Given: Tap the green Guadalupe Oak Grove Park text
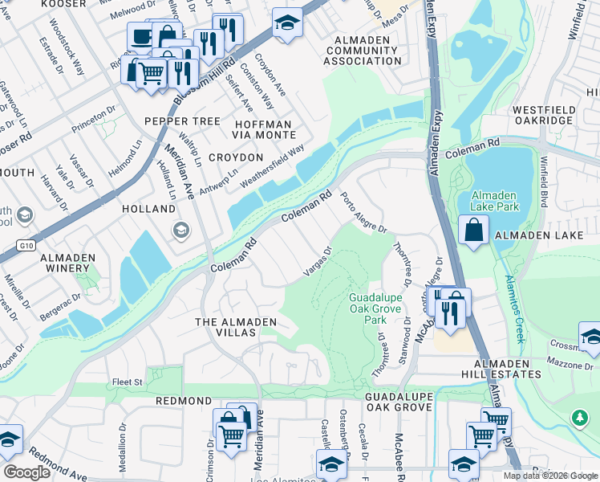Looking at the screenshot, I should click(x=375, y=308).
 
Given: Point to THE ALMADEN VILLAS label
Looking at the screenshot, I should click(x=236, y=322).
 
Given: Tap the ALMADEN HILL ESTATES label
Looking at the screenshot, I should click(x=505, y=370).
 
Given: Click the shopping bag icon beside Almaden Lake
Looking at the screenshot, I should click(x=474, y=230).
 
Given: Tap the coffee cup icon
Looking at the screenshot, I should click(x=141, y=36).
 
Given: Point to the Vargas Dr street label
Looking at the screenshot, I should click(x=318, y=261).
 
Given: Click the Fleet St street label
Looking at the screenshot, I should click(x=127, y=382).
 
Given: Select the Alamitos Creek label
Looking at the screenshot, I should click(x=515, y=307).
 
